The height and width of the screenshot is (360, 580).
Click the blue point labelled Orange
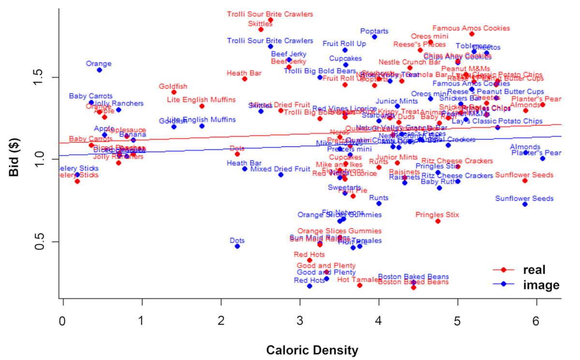pos(99,70)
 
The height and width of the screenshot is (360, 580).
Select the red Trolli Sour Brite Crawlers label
pos(270,14)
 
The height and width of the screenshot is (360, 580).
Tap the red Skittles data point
pos(261,29)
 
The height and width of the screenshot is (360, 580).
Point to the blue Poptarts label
pos(375,31)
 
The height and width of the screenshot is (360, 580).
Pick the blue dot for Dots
pos(237,246)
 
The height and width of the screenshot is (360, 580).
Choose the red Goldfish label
pos(174,86)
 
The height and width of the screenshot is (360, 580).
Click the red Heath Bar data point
pos(245,79)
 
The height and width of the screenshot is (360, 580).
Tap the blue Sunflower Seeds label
pos(524,199)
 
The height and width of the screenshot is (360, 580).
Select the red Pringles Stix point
pos(438,221)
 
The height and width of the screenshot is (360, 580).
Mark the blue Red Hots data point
pos(309,286)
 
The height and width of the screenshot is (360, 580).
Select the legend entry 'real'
pos(534,270)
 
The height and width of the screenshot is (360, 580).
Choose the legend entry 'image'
pos(541,285)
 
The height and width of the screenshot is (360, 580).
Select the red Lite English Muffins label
pos(202,100)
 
